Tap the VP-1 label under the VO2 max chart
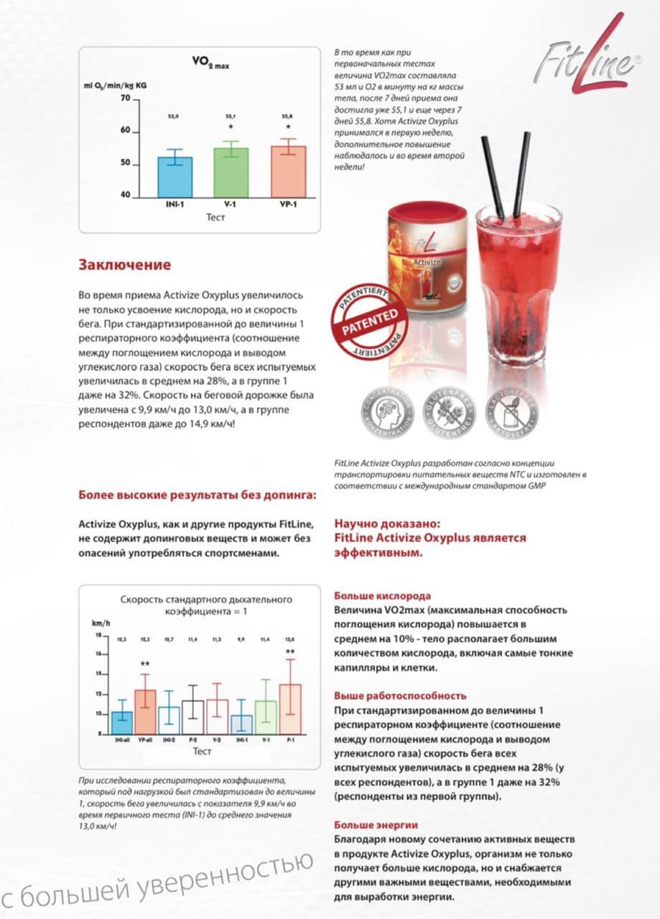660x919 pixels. tap(289, 205)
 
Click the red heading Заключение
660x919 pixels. tap(124, 265)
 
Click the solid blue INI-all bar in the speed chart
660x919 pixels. tap(122, 722)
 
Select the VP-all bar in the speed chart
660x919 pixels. tap(145, 711)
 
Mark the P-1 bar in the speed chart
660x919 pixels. tap(289, 708)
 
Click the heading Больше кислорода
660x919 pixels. tap(383, 595)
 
